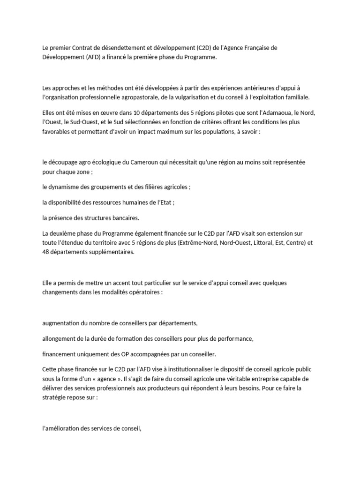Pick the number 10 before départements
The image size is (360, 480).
pos(124,113)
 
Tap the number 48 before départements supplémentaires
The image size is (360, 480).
pos(46,252)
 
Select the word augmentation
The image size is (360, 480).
pos(63,323)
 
